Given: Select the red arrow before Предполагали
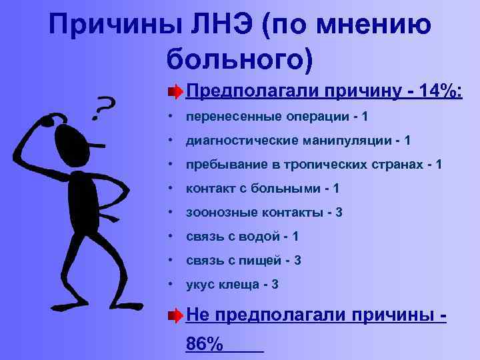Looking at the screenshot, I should tap(174, 91).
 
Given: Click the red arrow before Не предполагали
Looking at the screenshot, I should tap(174, 314).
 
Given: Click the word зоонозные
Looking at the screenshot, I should tap(217, 213).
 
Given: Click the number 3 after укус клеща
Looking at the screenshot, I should tap(275, 285).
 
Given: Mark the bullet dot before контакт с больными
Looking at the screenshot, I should tap(172, 189).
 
